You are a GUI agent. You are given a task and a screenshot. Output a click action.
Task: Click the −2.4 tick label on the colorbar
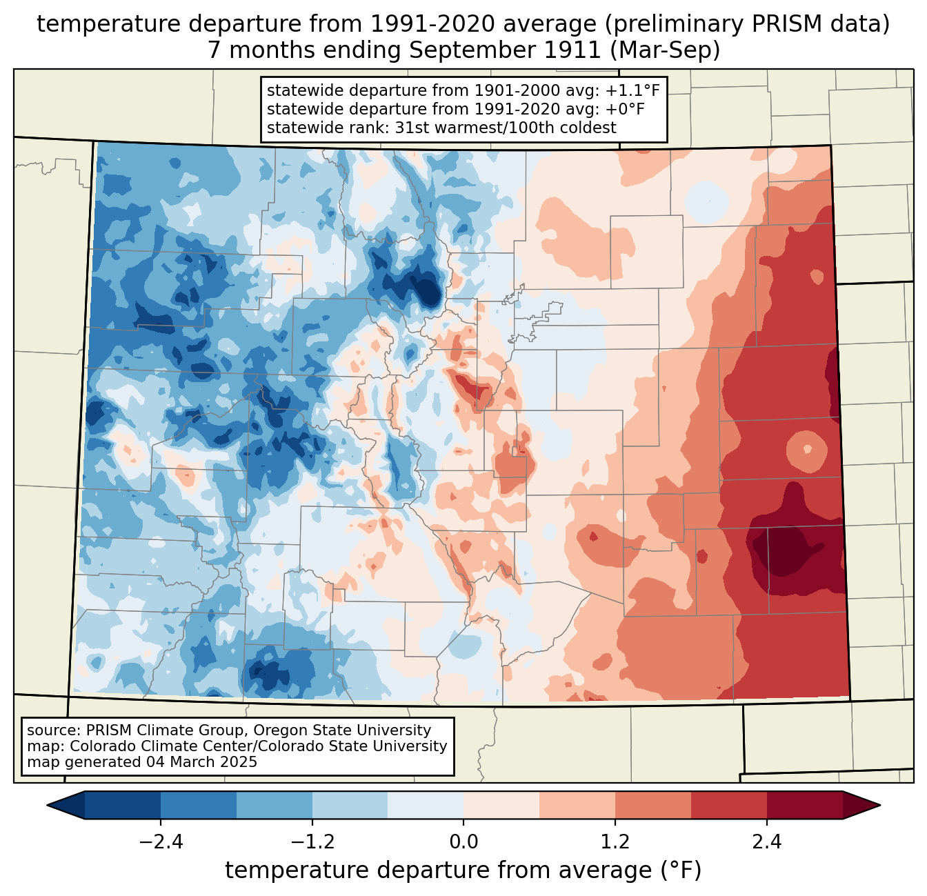(161, 842)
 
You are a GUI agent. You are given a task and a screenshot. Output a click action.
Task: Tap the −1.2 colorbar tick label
(312, 842)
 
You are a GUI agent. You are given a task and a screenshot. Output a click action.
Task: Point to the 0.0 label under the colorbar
(464, 842)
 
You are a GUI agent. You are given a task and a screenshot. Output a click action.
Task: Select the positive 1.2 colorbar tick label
(615, 842)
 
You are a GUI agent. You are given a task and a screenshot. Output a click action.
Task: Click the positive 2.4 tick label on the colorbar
(766, 842)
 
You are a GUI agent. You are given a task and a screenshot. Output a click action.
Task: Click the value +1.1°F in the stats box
(632, 90)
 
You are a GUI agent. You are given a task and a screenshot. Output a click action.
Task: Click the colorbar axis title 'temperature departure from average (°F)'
(464, 870)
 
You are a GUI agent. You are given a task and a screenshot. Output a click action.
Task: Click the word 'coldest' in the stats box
(591, 128)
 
